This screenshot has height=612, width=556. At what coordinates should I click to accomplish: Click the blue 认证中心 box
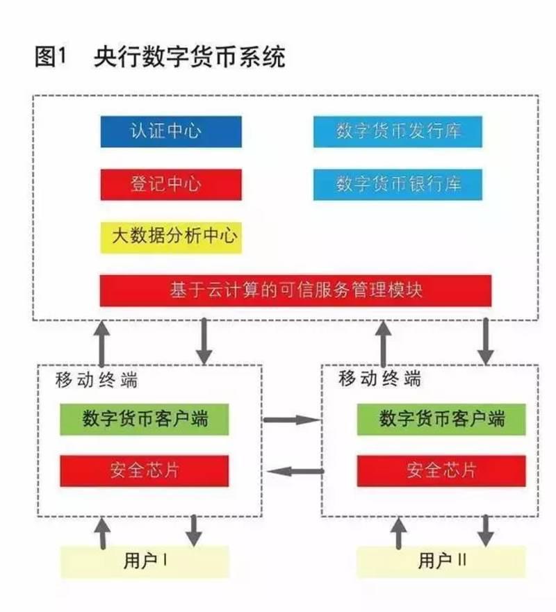tap(171, 131)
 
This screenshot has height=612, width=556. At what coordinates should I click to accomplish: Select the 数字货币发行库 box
tap(398, 131)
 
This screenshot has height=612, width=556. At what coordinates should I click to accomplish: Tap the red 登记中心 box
tap(171, 184)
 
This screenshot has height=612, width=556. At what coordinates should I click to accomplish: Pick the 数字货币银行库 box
tap(398, 184)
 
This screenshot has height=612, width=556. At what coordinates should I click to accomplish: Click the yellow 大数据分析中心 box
tap(171, 237)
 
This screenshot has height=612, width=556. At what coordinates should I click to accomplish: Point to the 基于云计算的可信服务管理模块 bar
tap(295, 290)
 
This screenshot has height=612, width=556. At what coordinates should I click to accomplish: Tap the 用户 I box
tap(145, 561)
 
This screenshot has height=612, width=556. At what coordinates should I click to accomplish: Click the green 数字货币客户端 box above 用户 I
tap(145, 420)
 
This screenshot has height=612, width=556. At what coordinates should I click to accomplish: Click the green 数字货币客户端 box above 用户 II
tap(441, 420)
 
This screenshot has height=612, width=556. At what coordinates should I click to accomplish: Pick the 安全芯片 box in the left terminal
tap(145, 470)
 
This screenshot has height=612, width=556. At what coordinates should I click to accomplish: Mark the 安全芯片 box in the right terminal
tap(441, 470)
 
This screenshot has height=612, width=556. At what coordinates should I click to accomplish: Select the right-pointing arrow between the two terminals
tap(292, 420)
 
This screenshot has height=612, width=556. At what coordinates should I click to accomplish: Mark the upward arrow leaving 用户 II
tap(399, 533)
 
